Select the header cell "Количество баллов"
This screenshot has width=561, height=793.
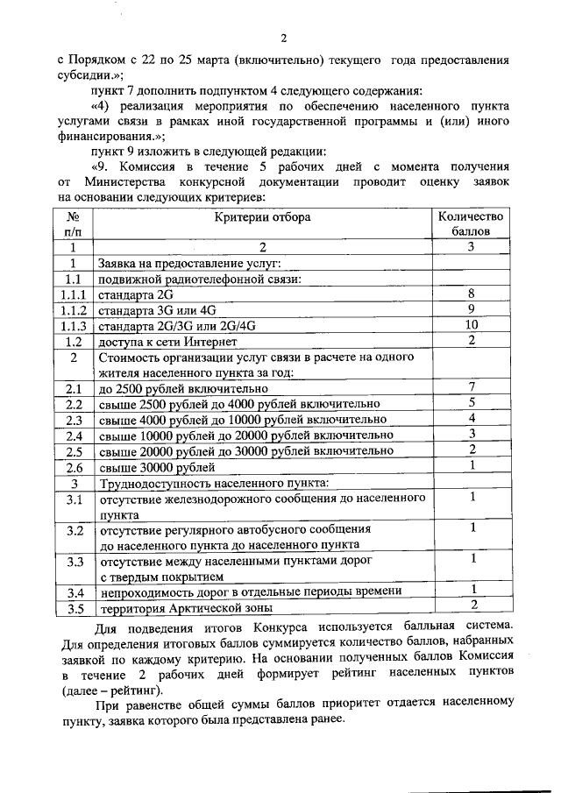tap(472, 223)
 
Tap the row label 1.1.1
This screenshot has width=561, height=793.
tap(75, 294)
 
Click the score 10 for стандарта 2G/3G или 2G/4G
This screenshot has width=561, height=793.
tap(472, 325)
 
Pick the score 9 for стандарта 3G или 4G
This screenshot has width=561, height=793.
tap(472, 309)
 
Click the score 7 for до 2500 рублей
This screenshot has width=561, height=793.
tap(472, 387)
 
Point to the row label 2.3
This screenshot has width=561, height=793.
tap(75, 419)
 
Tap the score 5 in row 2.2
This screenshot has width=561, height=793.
tap(472, 403)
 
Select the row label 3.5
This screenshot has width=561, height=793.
tap(75, 608)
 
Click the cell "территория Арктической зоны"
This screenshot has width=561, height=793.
tap(186, 608)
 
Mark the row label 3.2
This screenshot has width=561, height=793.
tap(75, 531)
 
